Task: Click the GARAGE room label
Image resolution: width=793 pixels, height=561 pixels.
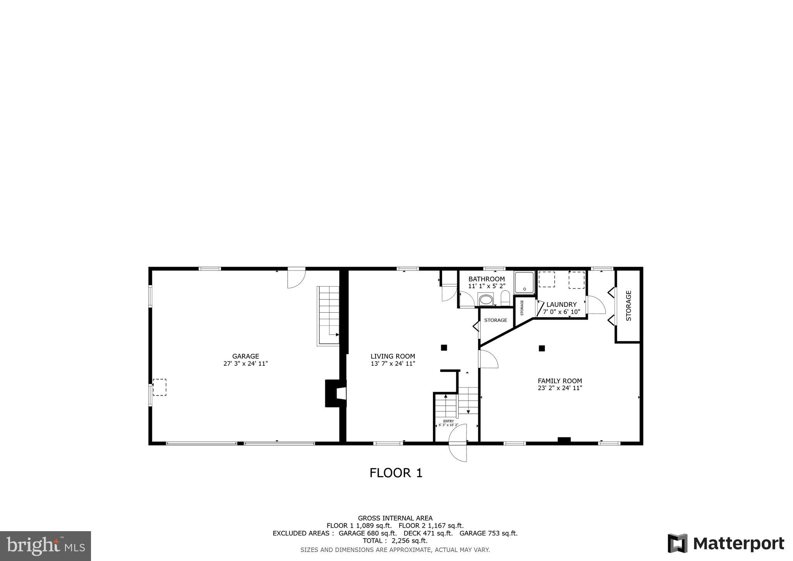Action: click(x=245, y=356)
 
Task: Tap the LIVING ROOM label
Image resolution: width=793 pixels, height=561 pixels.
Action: click(x=393, y=356)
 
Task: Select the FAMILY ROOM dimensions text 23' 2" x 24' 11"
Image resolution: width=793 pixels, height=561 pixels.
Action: click(x=560, y=388)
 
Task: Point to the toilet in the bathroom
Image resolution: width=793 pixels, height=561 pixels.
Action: click(x=505, y=298)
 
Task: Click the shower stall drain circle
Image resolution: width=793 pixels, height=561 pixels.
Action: click(x=524, y=289)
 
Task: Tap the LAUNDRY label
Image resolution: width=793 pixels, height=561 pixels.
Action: click(x=561, y=305)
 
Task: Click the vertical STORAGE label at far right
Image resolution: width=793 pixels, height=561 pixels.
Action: click(x=628, y=306)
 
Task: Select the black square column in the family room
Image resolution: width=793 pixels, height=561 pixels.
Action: click(x=542, y=348)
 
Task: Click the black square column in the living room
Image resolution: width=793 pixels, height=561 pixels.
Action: click(x=444, y=348)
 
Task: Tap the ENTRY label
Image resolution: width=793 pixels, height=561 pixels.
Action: click(x=448, y=421)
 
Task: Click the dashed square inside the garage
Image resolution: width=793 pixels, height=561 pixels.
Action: click(x=160, y=387)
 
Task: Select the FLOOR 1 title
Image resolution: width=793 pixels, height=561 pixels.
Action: click(x=396, y=473)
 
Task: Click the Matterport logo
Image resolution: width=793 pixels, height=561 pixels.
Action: click(x=726, y=543)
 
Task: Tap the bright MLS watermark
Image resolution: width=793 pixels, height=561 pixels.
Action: click(x=46, y=546)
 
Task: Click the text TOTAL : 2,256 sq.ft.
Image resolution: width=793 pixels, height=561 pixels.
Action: click(x=395, y=540)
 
